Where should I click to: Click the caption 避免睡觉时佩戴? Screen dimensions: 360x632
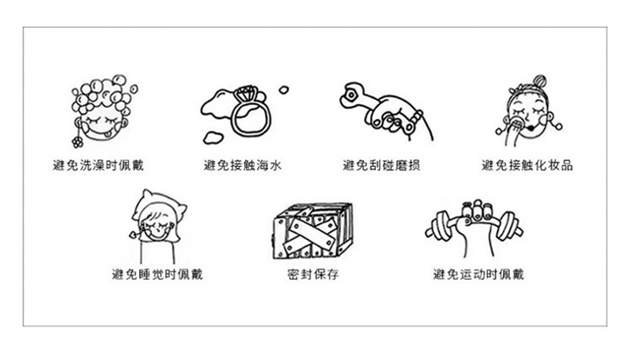(158, 274)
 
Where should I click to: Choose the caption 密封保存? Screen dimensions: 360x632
(313, 274)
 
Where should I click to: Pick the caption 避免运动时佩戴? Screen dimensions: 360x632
(478, 274)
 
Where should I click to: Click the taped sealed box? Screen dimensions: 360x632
(311, 229)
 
